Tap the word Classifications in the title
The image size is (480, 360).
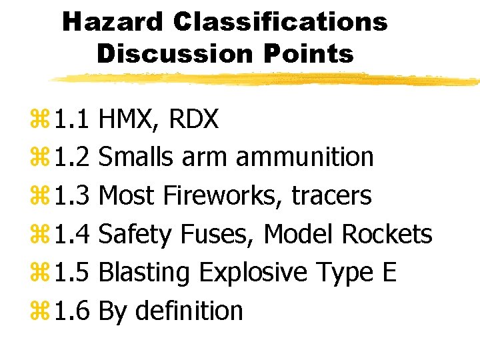(x=280, y=21)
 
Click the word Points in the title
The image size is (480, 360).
(x=311, y=53)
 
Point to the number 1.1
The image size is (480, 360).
(x=73, y=119)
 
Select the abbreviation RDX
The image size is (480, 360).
(x=194, y=119)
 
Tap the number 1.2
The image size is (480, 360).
(x=73, y=157)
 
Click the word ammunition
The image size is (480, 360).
(x=305, y=157)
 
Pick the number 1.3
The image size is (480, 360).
(x=73, y=196)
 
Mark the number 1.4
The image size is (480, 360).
(x=73, y=234)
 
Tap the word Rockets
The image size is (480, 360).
(x=387, y=234)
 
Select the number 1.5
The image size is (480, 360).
(x=73, y=273)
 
